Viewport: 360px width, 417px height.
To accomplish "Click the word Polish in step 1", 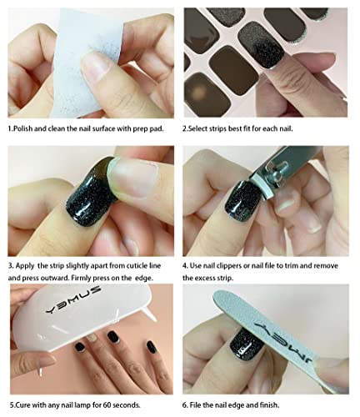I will [x=22, y=130].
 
